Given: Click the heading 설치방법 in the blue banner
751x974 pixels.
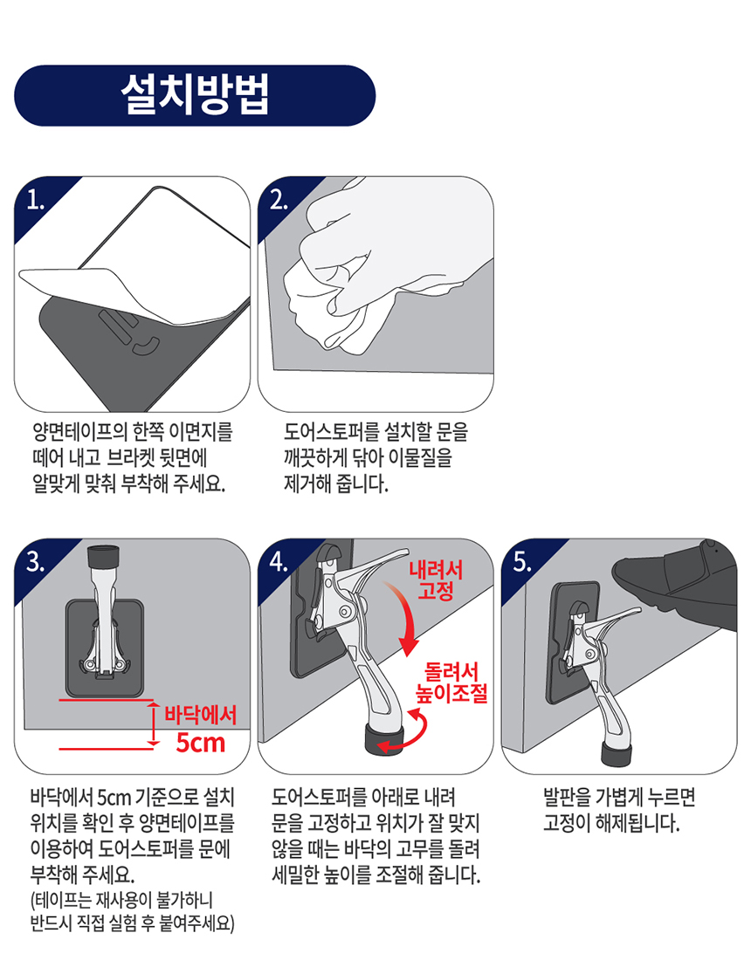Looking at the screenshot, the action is pyautogui.click(x=195, y=95).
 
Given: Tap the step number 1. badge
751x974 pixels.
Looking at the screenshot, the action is pyautogui.click(x=36, y=200).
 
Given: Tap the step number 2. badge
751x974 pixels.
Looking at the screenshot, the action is pyautogui.click(x=279, y=200).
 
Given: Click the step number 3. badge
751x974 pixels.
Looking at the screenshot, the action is pyautogui.click(x=36, y=562).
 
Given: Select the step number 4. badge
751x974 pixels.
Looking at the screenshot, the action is pyautogui.click(x=279, y=562).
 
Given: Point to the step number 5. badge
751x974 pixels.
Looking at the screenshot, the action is pyautogui.click(x=523, y=562).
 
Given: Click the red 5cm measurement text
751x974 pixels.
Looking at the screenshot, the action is pyautogui.click(x=200, y=743).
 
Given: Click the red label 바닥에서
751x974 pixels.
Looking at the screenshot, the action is pyautogui.click(x=200, y=715).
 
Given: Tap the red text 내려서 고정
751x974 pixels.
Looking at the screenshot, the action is pyautogui.click(x=436, y=580).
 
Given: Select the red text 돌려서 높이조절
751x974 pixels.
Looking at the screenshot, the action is pyautogui.click(x=452, y=682).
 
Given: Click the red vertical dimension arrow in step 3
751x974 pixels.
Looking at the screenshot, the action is pyautogui.click(x=153, y=723).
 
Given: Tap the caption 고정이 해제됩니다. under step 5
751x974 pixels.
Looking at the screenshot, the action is pyautogui.click(x=612, y=823).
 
